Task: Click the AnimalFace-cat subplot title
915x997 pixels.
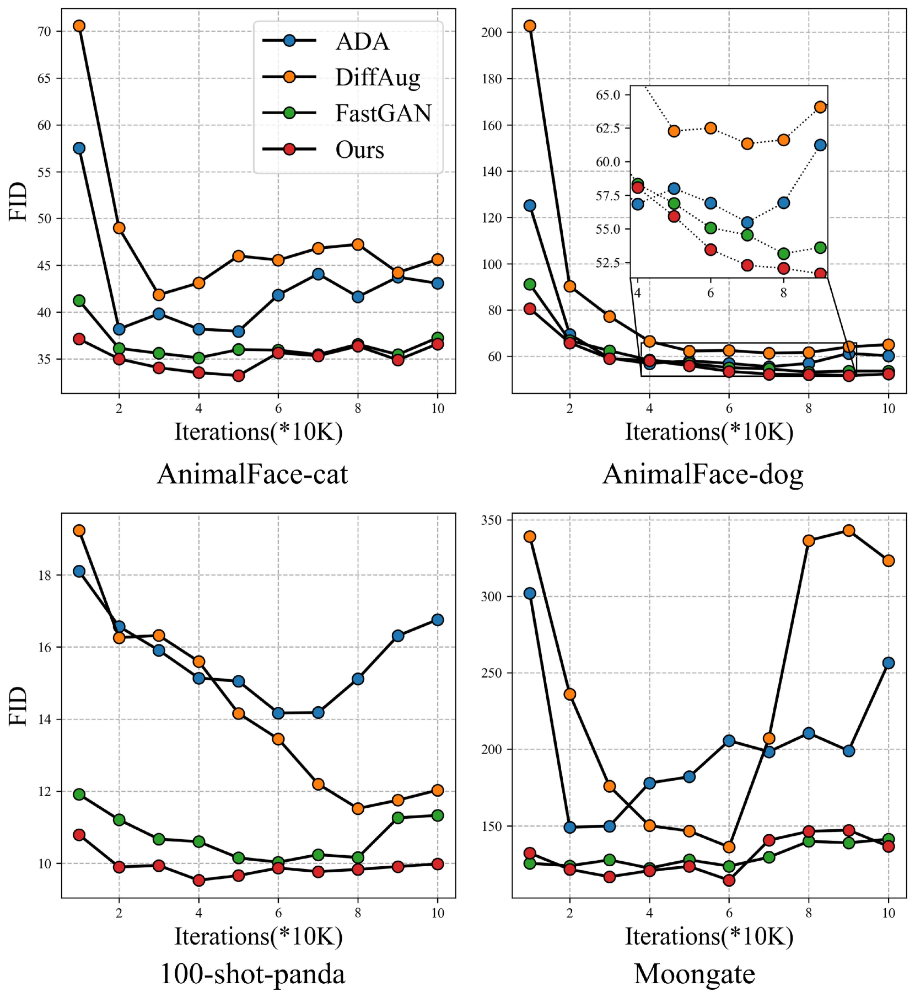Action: [252, 474]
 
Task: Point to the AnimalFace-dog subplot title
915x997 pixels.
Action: [703, 474]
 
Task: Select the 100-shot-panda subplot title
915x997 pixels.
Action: [252, 974]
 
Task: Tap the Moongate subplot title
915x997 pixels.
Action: [695, 974]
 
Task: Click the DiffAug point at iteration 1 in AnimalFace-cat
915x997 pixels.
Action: [79, 26]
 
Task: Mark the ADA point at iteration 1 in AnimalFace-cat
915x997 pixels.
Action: [79, 148]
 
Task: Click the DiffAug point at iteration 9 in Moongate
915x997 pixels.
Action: [849, 531]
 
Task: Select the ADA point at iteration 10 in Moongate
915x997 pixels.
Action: [889, 663]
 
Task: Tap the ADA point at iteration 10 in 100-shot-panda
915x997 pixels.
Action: [438, 620]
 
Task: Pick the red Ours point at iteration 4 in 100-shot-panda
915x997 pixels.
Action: [199, 880]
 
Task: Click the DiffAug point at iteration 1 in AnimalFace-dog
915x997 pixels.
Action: [530, 26]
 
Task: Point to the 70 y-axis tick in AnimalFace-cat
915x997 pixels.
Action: [45, 31]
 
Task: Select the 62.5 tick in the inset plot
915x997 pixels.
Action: [609, 128]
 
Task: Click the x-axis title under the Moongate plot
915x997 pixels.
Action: [709, 936]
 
